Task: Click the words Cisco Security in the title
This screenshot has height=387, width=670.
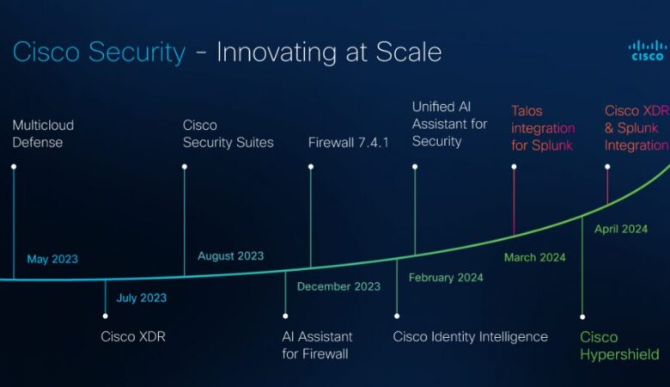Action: tap(99, 52)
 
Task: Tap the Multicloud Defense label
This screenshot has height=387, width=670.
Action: tap(43, 133)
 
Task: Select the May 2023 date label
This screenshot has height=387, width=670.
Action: tap(52, 259)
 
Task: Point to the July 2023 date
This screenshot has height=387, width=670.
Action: tap(142, 298)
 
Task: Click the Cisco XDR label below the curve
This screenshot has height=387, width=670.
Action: tap(133, 336)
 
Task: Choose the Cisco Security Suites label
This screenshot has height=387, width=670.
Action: tap(228, 133)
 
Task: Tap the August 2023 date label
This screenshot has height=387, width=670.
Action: tap(230, 256)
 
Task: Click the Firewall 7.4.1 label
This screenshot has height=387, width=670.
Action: tap(348, 142)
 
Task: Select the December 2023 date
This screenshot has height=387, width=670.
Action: tap(338, 286)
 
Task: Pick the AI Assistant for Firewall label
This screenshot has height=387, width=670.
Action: tap(317, 345)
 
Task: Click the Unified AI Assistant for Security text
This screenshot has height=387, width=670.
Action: tap(449, 124)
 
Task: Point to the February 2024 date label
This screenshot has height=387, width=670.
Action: tap(445, 278)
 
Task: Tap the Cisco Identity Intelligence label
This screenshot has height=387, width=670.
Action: tap(470, 336)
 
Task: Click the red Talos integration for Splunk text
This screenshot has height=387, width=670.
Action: tap(543, 128)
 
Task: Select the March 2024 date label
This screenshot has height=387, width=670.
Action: tap(534, 257)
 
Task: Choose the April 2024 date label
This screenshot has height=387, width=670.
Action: tap(621, 230)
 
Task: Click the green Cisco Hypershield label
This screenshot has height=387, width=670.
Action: tap(618, 346)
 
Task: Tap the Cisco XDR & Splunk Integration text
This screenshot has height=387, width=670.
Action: tap(636, 128)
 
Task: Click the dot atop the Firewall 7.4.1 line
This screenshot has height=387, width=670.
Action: tap(311, 167)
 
